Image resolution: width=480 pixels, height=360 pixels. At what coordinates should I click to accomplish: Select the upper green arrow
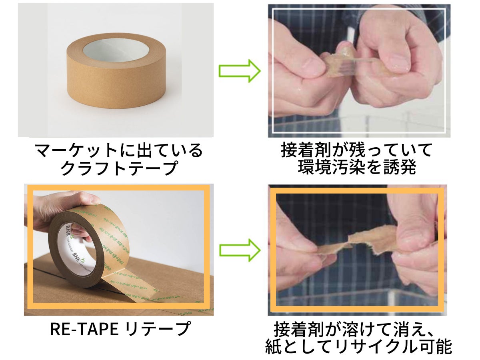pos(239,71)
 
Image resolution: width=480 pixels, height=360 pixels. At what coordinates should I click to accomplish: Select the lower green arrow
pos(239,250)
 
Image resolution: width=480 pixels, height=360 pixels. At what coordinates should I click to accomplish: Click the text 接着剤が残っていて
pos(357,151)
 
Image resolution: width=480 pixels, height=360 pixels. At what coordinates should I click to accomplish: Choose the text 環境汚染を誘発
pos(357,168)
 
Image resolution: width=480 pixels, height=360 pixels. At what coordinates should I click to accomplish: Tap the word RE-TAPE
pos(84,329)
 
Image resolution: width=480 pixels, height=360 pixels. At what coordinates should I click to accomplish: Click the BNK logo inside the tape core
pos(68,232)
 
